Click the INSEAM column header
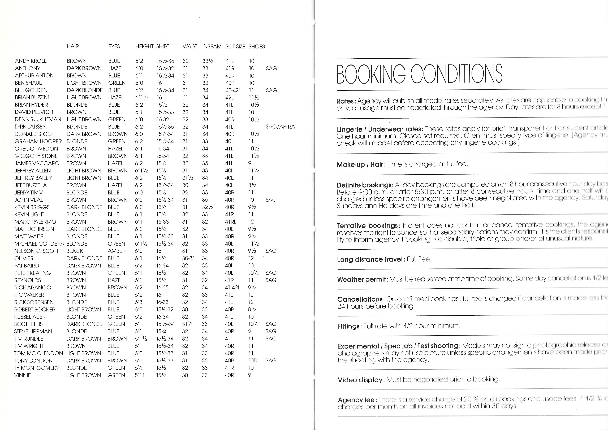click(212, 47)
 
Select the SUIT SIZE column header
click(235, 47)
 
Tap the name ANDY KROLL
click(31, 61)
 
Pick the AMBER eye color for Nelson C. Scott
click(117, 251)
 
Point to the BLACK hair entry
click(75, 251)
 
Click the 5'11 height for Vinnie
click(140, 375)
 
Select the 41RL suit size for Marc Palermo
click(230, 222)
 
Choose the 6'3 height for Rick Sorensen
click(139, 302)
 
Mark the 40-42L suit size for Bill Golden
click(233, 90)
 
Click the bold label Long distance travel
click(371, 259)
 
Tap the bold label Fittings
click(350, 326)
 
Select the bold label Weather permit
click(363, 280)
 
